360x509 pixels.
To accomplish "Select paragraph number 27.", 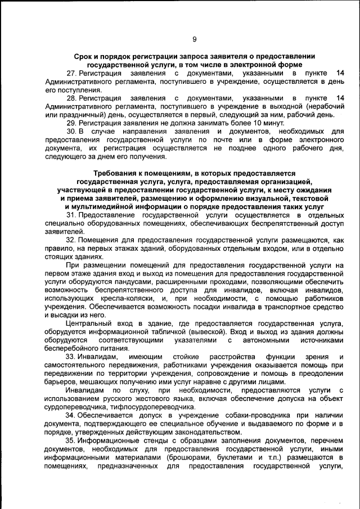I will (x=71, y=74).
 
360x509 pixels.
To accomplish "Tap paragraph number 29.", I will (x=71, y=123).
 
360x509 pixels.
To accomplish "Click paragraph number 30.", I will (x=71, y=131).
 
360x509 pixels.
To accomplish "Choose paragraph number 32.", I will (x=71, y=240).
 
